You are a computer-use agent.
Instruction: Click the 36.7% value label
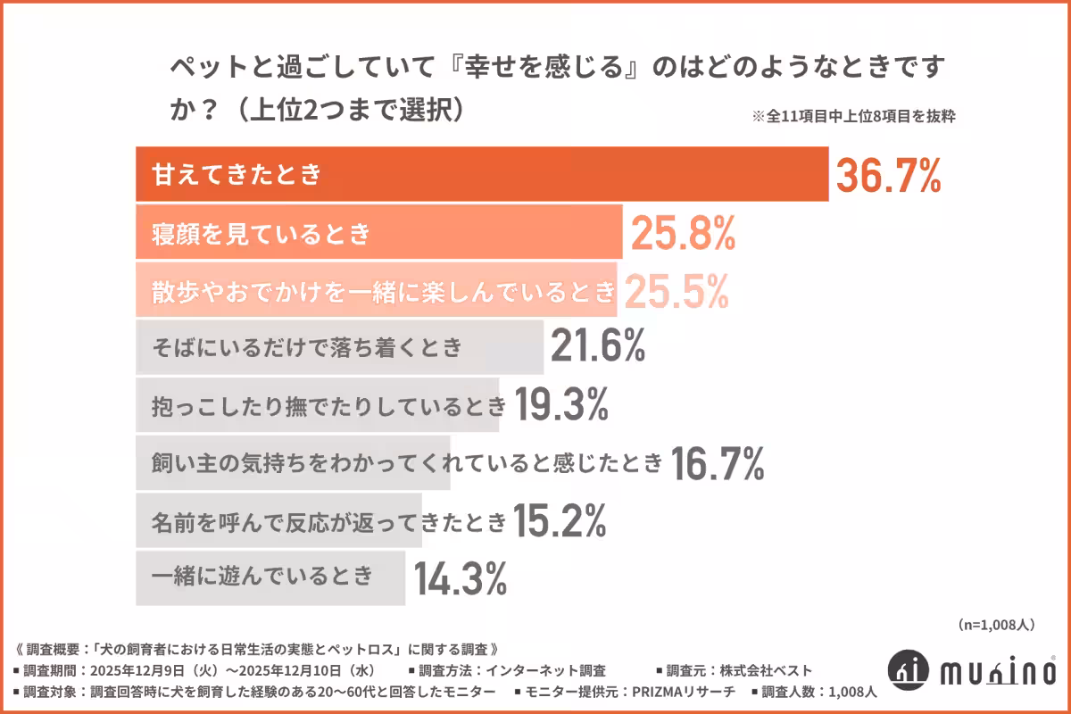888,176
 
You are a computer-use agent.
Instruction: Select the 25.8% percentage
683,234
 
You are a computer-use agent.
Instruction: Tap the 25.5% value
677,291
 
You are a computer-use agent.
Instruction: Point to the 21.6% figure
597,348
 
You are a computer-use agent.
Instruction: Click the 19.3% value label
560,406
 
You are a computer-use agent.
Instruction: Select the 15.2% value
560,520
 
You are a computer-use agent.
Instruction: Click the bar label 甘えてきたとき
237,175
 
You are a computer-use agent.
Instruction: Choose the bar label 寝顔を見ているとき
261,234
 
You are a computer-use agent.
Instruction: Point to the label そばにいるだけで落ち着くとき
308,348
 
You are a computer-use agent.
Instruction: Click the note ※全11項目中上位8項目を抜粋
854,116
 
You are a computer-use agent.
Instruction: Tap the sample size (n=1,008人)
995,625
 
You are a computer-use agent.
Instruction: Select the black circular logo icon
909,669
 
